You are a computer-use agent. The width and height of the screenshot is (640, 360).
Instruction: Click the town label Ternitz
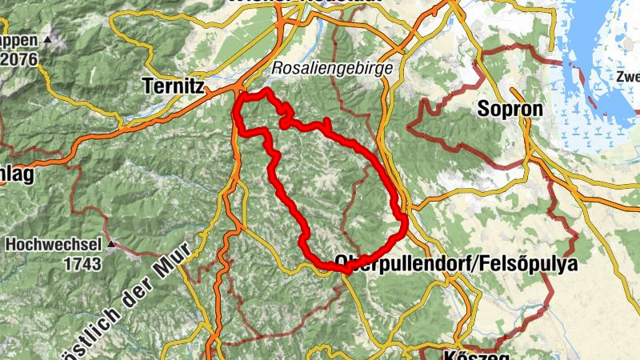[x=172, y=84]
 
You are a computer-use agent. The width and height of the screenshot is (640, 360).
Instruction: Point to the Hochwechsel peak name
[x=54, y=244]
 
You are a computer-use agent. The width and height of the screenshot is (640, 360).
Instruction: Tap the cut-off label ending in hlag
[x=16, y=176]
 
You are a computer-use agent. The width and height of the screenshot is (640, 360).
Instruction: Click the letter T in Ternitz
[x=147, y=84]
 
